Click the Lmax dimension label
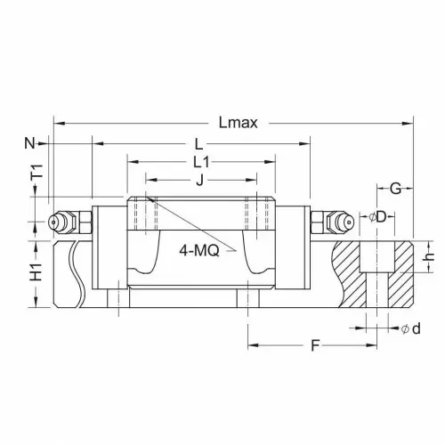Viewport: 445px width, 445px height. click(239, 123)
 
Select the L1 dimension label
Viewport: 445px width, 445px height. click(201, 162)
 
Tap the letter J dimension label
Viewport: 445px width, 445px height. click(200, 180)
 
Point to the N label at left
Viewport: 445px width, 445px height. click(29, 143)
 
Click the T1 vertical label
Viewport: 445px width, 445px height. click(37, 172)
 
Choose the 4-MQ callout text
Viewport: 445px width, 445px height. click(199, 251)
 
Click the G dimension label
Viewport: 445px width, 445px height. click(395, 189)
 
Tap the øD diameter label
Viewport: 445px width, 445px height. click(377, 217)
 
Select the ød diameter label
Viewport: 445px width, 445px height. click(411, 328)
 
